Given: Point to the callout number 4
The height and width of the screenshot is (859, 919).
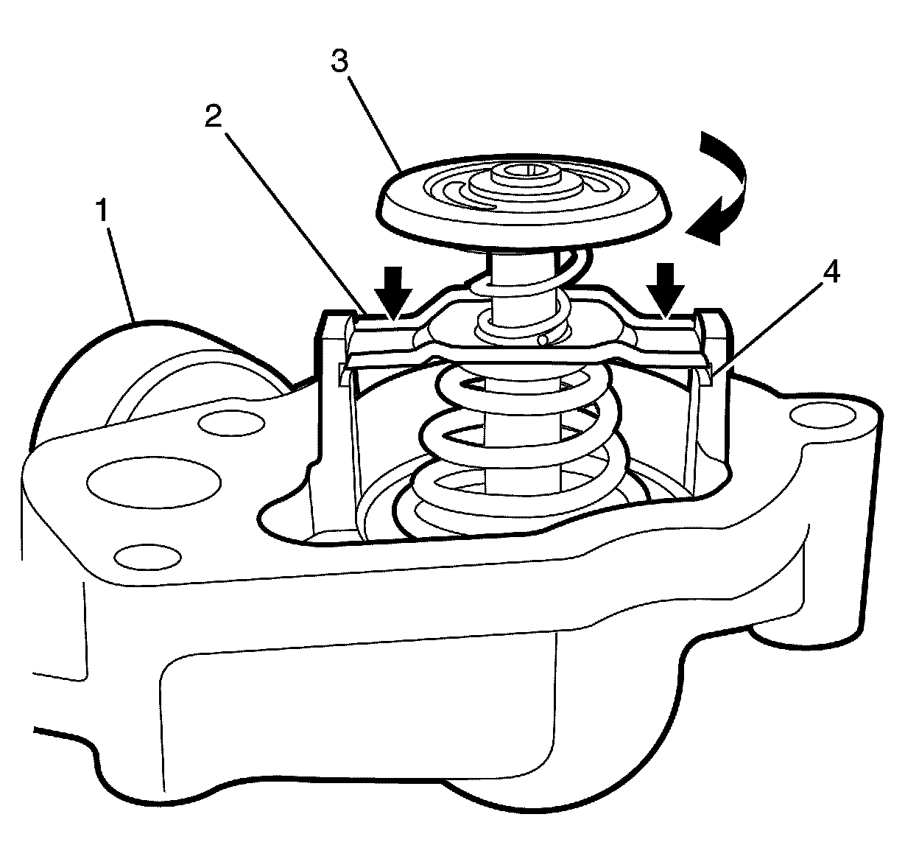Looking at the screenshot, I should pyautogui.click(x=830, y=273).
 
